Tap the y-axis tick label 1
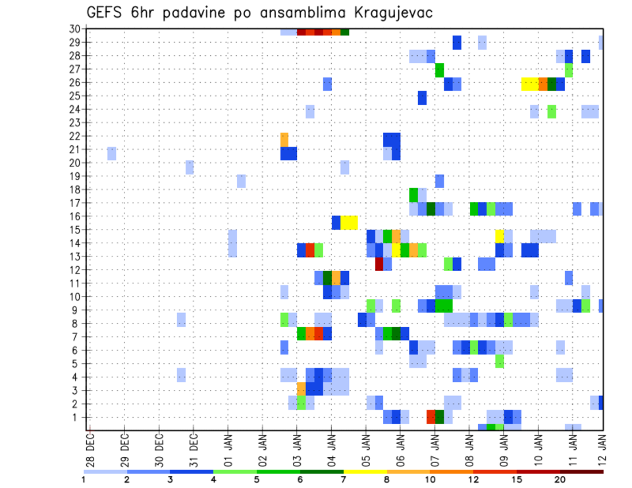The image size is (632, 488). point(77,417)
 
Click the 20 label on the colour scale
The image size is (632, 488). point(560,479)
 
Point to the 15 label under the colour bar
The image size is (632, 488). point(517,479)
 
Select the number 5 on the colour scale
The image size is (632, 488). point(257,479)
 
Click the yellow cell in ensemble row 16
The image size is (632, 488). point(349,222)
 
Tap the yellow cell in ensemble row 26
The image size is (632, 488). point(529,84)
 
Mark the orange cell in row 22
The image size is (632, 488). point(284,139)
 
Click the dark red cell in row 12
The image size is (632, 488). point(379,264)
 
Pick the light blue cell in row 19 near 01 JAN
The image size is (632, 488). point(241,181)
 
